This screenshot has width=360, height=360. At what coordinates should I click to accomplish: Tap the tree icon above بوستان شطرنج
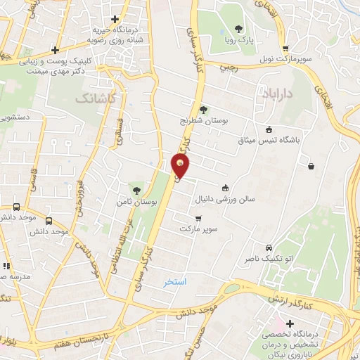coord(203,109)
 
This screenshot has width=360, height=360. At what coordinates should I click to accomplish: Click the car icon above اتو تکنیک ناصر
coord(269,247)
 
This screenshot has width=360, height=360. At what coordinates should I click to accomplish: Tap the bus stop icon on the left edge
coord(16,207)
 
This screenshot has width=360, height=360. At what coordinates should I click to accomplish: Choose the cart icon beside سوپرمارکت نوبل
coord(285,49)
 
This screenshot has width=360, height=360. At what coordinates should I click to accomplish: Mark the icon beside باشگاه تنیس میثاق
coord(269,129)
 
